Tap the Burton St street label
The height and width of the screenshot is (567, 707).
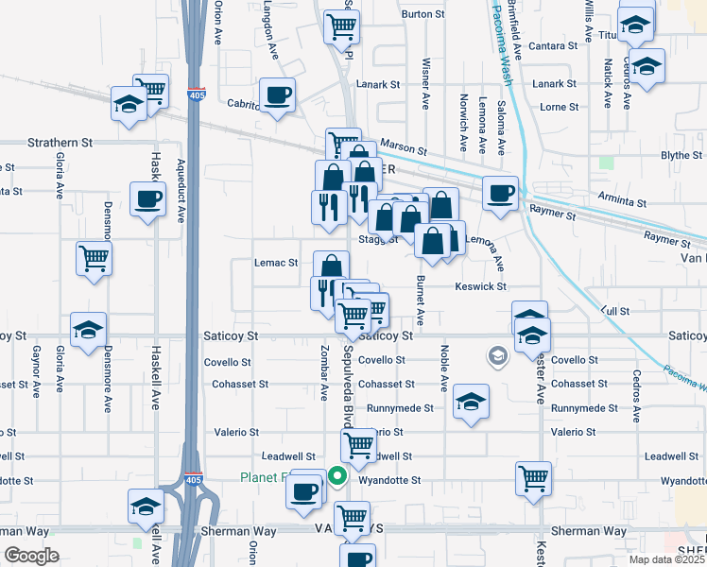click(422, 14)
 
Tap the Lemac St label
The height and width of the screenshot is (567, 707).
click(276, 263)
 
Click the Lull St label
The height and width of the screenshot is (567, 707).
click(614, 310)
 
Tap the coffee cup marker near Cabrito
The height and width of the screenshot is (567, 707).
click(277, 94)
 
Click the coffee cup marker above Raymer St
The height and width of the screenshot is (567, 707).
click(500, 193)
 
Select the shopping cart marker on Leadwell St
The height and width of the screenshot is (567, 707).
click(359, 443)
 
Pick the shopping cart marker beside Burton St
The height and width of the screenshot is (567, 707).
click(340, 26)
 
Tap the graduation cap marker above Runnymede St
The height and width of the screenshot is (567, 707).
click(471, 402)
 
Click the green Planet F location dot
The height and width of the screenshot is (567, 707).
click(336, 477)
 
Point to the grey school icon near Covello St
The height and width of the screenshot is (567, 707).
click(496, 355)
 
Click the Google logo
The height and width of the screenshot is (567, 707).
click(31, 556)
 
